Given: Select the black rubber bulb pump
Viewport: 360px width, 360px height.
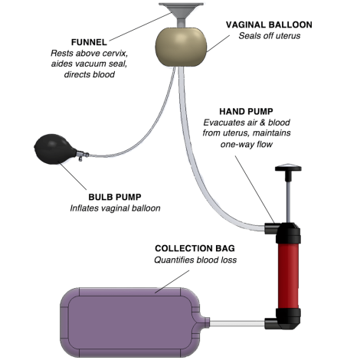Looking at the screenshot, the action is pyautogui.click(x=55, y=149).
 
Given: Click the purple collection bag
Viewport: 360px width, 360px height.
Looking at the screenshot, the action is pyautogui.click(x=131, y=322).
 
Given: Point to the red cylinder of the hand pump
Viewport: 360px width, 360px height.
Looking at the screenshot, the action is pyautogui.click(x=288, y=276).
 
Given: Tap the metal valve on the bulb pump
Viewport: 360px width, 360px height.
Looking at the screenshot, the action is pyautogui.click(x=82, y=155).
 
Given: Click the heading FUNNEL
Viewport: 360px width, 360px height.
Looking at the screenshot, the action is pyautogui.click(x=89, y=42).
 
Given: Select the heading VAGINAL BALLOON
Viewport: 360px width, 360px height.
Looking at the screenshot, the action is pyautogui.click(x=269, y=25).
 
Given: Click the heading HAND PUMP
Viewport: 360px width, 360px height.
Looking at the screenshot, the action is pyautogui.click(x=246, y=111).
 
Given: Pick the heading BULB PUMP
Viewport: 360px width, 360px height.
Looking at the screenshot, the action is pyautogui.click(x=115, y=197).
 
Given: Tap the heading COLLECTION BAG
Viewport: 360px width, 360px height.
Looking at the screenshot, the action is pyautogui.click(x=195, y=248).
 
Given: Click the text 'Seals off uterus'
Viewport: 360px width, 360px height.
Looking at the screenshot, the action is pyautogui.click(x=270, y=36).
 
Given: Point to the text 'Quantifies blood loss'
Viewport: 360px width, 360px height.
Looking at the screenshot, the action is pyautogui.click(x=195, y=260).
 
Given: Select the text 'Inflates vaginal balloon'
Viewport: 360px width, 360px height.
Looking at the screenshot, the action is pyautogui.click(x=115, y=208).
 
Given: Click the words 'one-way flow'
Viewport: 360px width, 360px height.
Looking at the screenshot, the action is pyautogui.click(x=247, y=144).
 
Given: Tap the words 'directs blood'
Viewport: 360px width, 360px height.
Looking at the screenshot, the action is pyautogui.click(x=90, y=74).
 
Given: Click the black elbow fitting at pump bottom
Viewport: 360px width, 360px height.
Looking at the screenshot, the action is pyautogui.click(x=283, y=319).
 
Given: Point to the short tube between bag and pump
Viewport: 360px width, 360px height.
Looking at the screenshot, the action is pyautogui.click(x=237, y=324).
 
